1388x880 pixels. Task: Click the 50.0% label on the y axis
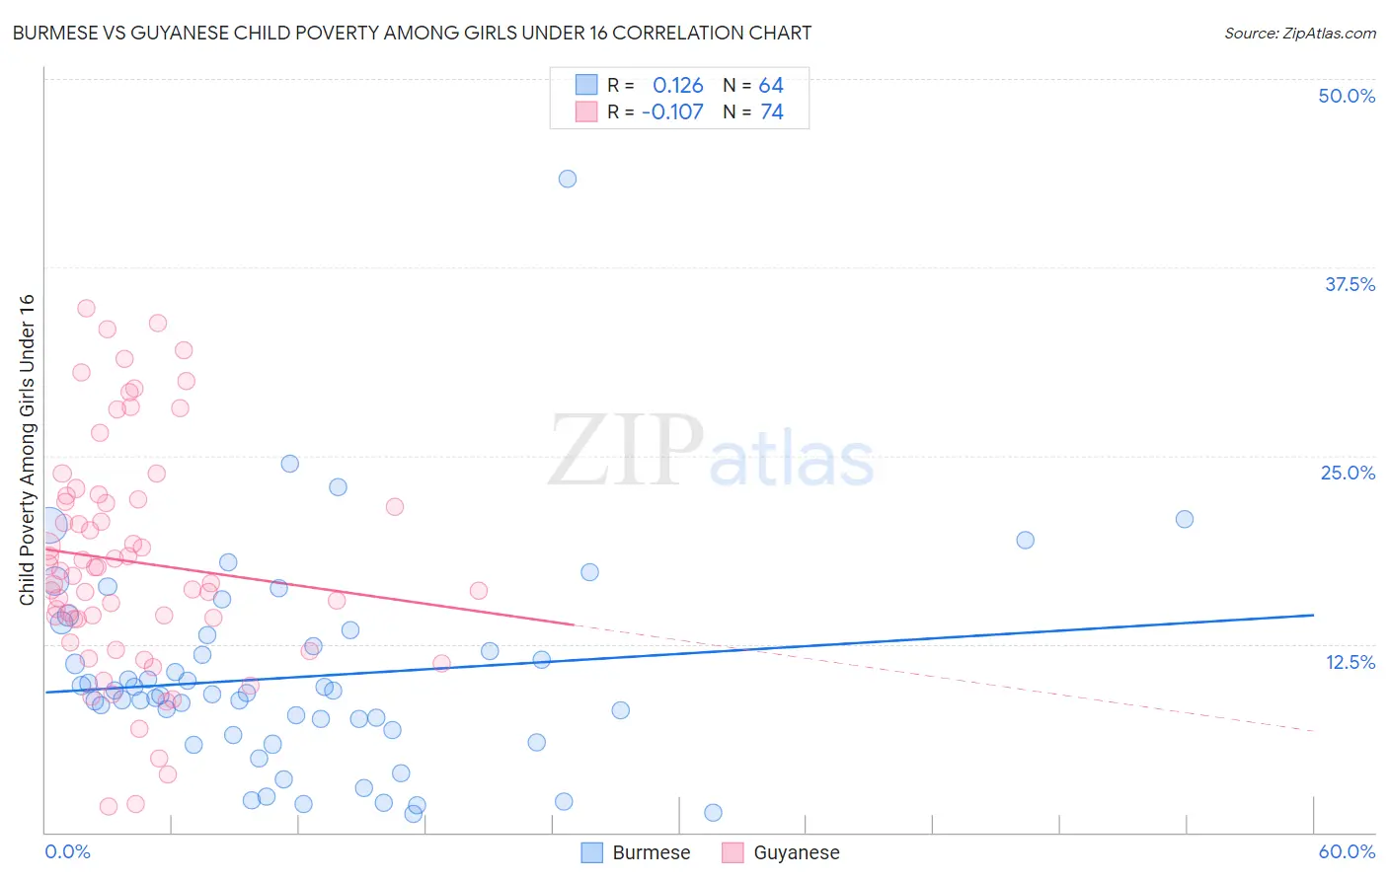coord(1347,96)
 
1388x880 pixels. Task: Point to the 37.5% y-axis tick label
coord(1349,284)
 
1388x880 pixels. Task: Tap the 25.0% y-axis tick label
coord(1348,473)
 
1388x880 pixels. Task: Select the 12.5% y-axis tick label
coord(1349,662)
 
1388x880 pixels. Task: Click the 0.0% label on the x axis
coord(67,851)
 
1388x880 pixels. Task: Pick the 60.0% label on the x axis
coord(1347,851)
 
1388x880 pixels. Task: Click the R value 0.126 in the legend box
coord(677,85)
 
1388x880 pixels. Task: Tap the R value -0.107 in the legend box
coord(672,111)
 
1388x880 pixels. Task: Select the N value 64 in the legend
coord(771,85)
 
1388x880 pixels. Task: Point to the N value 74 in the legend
coord(772,111)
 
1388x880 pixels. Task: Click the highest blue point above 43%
coord(568,179)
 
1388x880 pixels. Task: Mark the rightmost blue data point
coord(1185,519)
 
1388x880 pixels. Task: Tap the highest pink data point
coord(86,308)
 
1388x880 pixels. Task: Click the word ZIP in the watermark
coord(626,451)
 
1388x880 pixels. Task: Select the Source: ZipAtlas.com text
coord(1299,33)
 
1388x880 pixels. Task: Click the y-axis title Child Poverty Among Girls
coord(27,449)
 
